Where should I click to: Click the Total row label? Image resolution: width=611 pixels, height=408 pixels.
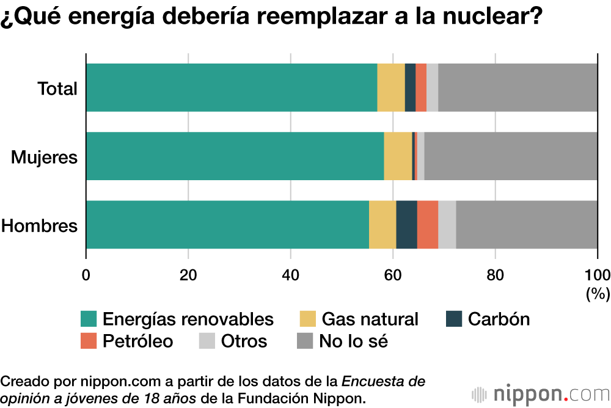(57, 89)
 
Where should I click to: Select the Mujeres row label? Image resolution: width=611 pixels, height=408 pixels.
(45, 158)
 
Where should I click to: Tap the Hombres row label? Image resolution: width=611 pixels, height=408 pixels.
(39, 226)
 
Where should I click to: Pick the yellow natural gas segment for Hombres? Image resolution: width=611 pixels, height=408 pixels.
(382, 225)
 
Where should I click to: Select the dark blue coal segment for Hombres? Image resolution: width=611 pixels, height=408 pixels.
(406, 225)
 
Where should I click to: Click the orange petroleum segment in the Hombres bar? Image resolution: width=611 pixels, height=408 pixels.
(428, 225)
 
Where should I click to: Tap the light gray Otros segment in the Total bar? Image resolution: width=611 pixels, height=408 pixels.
(432, 87)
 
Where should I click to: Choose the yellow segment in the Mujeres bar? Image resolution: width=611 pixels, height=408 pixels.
(398, 156)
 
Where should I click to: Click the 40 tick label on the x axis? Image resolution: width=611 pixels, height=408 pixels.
(290, 274)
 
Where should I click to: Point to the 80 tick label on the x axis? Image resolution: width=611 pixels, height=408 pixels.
(495, 274)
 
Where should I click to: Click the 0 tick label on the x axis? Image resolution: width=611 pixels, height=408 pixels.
(86, 274)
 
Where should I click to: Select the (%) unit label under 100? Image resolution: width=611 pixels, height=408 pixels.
(598, 294)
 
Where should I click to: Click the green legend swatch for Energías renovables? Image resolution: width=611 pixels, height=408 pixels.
(89, 319)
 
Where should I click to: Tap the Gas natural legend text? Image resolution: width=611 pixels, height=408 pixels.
(370, 319)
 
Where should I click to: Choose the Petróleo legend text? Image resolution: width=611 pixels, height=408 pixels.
(137, 341)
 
